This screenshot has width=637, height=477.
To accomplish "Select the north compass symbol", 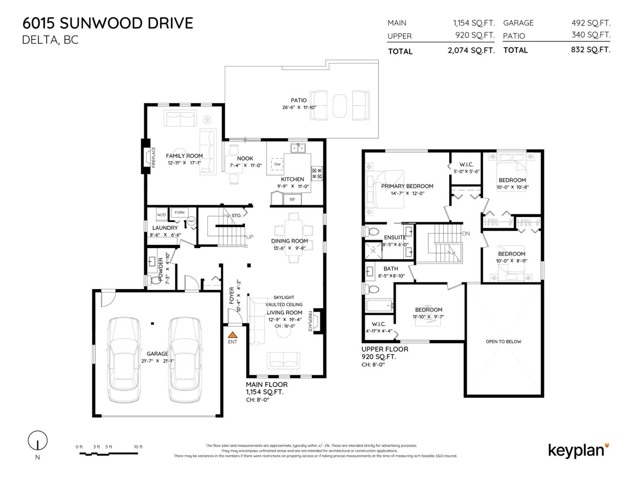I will click(37, 441).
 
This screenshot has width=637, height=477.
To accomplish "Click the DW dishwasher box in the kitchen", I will click(277, 164).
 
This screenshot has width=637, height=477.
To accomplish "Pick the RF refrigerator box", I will click(292, 199).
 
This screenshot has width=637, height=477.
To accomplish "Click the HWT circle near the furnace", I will click(191, 221).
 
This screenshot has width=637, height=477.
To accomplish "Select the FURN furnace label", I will click(179, 212).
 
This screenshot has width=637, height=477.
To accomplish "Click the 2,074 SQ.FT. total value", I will click(471, 51).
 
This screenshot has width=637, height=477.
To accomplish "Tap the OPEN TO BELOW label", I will click(503, 342).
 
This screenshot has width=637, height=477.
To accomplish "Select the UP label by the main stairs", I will click(250, 237).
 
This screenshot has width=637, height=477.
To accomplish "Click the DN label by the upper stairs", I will click(466, 234).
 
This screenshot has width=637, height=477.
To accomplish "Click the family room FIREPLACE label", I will click(153, 157).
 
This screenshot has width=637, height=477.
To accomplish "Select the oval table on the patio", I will click(340, 106).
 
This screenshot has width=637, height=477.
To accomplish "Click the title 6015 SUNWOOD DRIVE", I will click(108, 23).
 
